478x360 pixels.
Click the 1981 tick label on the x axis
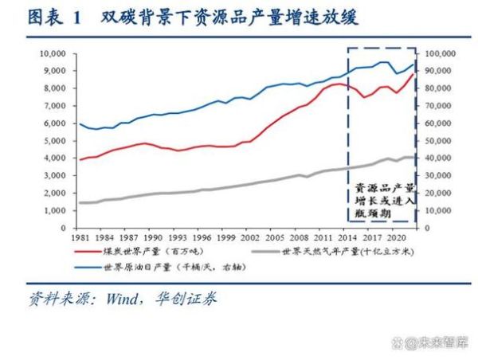click(x=78, y=238)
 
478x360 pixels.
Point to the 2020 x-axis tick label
click(x=393, y=238)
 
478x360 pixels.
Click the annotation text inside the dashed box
click(x=385, y=199)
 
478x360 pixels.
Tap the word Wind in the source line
click(x=120, y=299)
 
